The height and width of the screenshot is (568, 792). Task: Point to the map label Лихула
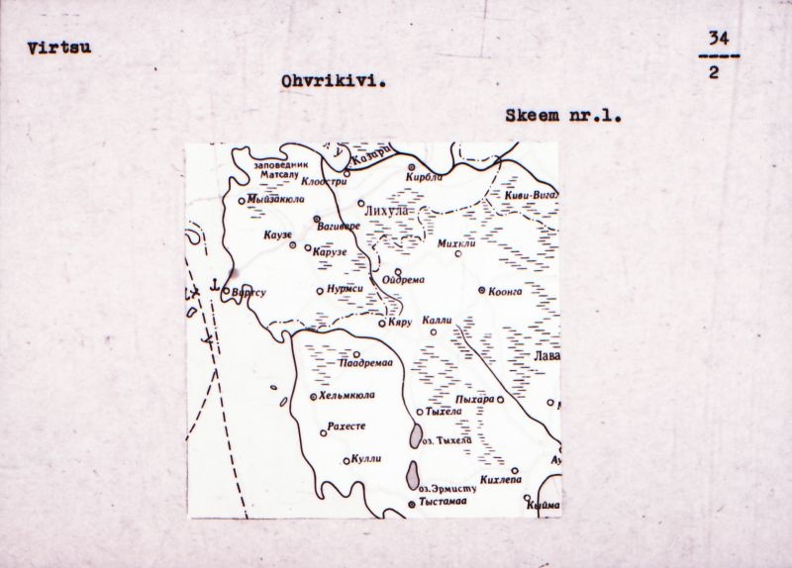point(387,212)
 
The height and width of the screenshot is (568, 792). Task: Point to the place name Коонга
point(508,291)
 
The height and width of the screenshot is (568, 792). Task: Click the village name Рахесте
point(346,427)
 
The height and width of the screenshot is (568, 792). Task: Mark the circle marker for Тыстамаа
point(412,505)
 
